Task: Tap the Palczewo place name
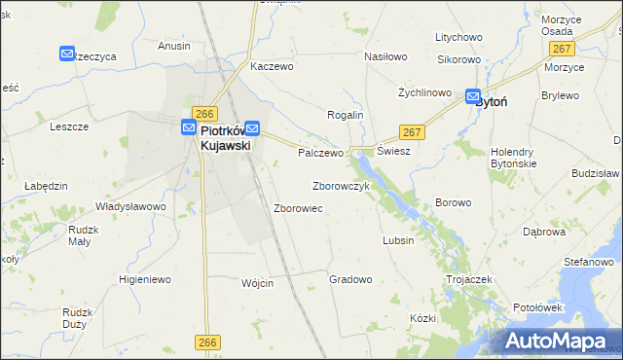(x=321, y=153)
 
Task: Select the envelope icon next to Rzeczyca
(x=67, y=54)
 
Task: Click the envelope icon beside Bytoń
(x=473, y=97)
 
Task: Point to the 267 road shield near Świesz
(x=412, y=131)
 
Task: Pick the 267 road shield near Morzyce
(x=560, y=49)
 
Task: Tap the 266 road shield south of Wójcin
(x=206, y=342)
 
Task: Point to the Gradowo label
(x=350, y=279)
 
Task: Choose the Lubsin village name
(x=398, y=240)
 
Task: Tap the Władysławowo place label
(x=130, y=206)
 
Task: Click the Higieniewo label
(x=144, y=279)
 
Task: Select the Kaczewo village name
(x=272, y=67)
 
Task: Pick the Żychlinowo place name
(x=424, y=93)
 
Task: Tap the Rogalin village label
(x=345, y=115)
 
